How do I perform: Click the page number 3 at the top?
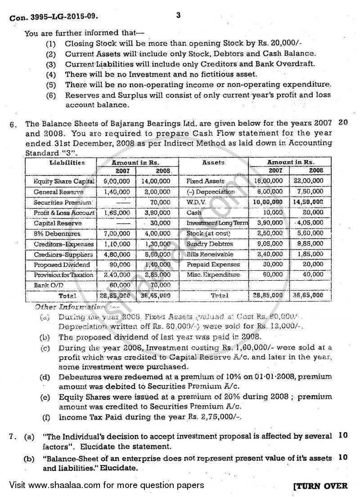pos(178,15)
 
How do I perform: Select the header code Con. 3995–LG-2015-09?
pos(54,18)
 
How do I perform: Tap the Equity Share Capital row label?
pos(63,181)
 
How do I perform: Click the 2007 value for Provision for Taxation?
pos(110,275)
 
